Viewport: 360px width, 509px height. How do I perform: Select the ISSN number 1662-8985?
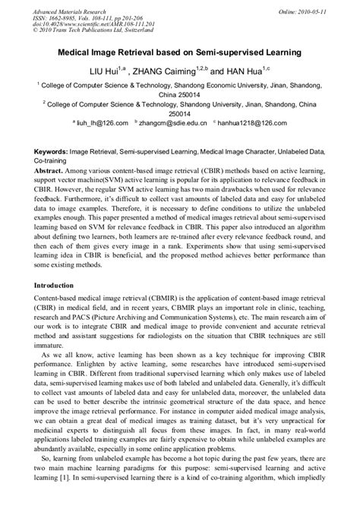point(65,14)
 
